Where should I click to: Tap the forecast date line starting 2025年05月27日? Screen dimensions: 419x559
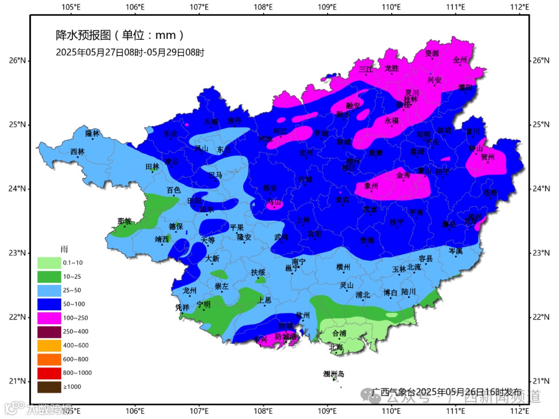(130, 52)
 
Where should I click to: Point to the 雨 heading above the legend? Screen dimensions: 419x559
(64, 250)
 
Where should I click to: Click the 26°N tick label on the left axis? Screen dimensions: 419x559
(17, 61)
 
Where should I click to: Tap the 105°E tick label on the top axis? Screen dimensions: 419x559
(70, 7)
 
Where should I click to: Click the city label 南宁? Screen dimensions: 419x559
(299, 262)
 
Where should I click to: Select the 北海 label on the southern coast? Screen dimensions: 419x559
(336, 348)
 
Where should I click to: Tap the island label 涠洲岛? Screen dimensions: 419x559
(333, 374)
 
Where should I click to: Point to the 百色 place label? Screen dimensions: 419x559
(173, 190)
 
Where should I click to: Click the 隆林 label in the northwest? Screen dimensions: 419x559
(92, 133)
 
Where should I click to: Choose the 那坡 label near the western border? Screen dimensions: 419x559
(124, 221)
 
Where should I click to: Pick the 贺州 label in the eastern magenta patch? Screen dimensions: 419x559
(488, 157)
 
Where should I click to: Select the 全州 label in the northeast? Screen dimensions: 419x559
(460, 60)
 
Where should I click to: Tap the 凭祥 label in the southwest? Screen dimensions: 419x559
(182, 307)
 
